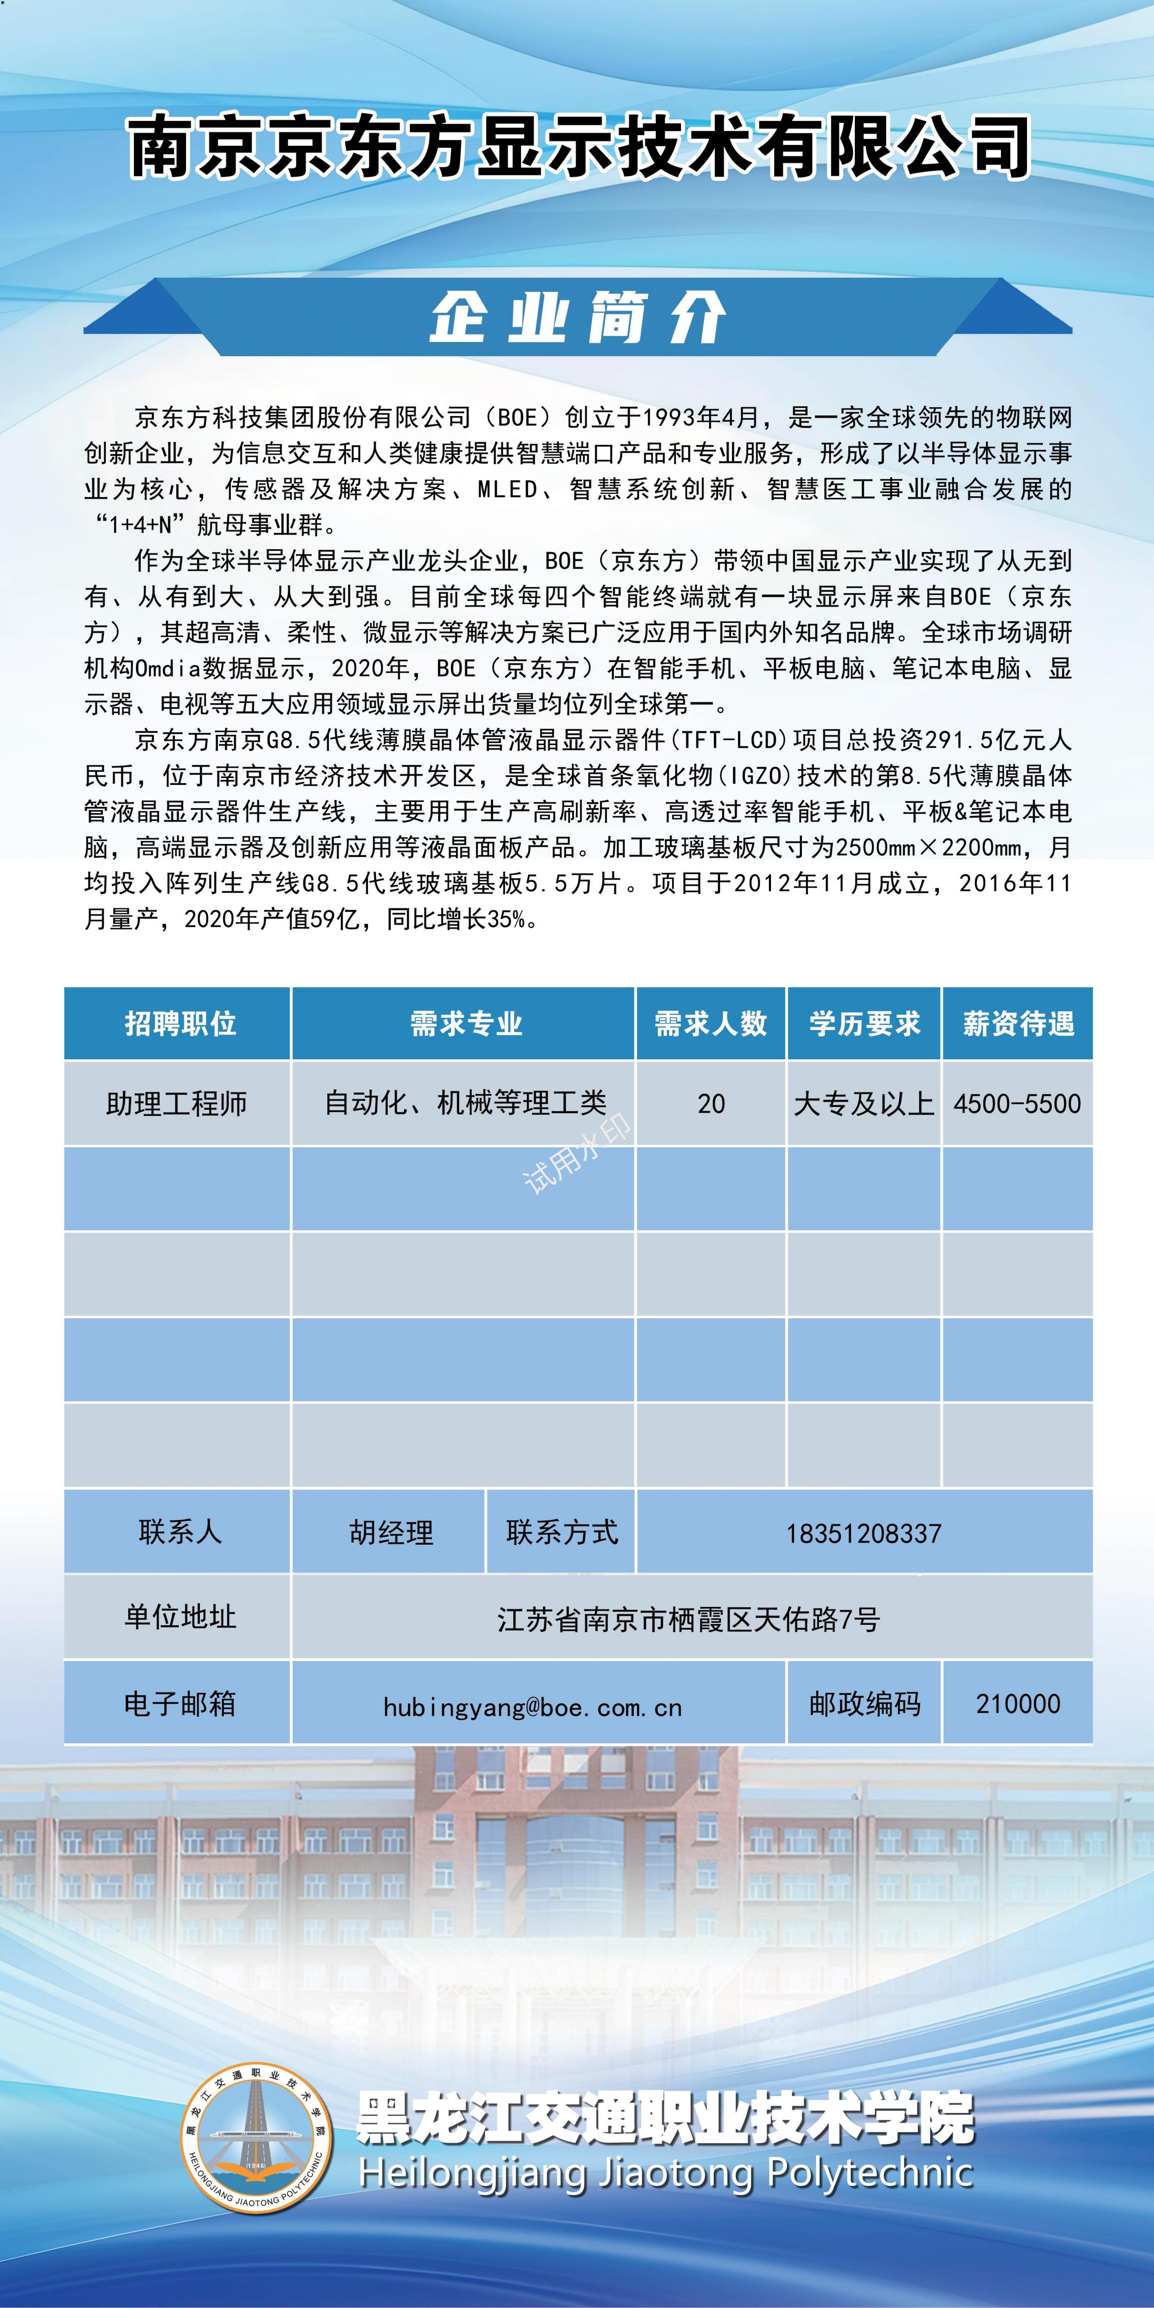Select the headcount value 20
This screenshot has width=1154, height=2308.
click(x=710, y=1104)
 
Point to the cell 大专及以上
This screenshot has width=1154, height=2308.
click(x=864, y=1104)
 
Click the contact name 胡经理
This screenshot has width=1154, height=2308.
click(x=391, y=1533)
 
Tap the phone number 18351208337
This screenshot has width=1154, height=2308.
click(x=864, y=1534)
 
